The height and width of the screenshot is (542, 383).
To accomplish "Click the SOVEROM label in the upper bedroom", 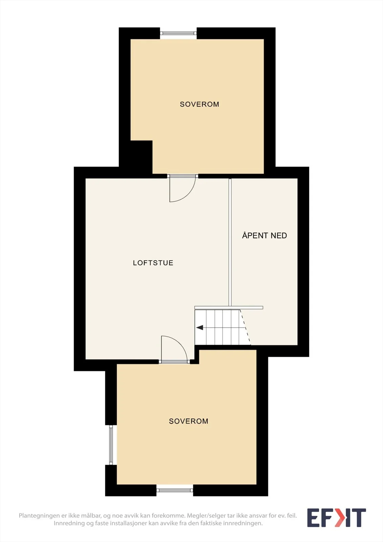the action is pyautogui.click(x=199, y=104).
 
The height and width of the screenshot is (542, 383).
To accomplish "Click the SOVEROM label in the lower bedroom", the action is pyautogui.click(x=189, y=421).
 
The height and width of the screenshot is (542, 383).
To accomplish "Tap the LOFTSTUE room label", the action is pyautogui.click(x=153, y=263).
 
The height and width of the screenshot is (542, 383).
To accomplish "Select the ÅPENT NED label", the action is pyautogui.click(x=264, y=235).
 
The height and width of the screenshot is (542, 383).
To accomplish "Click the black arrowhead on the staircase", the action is pyautogui.click(x=199, y=328).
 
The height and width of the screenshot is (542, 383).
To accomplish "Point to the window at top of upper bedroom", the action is pyautogui.click(x=178, y=33).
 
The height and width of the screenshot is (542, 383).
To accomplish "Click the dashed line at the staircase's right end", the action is pyautogui.click(x=245, y=327).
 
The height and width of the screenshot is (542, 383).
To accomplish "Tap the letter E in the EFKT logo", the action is pyautogui.click(x=314, y=518).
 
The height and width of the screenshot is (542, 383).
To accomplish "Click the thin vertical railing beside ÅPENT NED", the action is pyautogui.click(x=230, y=242).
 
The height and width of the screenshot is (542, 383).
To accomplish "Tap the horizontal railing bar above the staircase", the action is pyautogui.click(x=229, y=308).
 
